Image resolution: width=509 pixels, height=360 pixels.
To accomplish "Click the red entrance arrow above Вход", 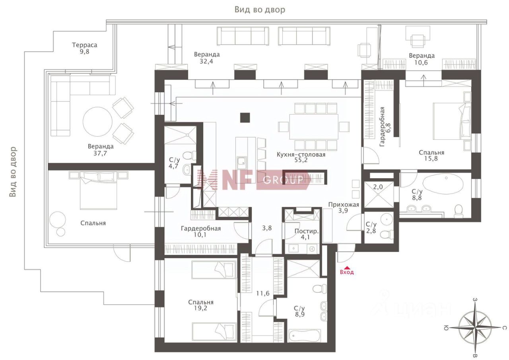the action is click(x=347, y=268).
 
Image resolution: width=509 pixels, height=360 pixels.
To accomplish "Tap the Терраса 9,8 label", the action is click(x=85, y=48).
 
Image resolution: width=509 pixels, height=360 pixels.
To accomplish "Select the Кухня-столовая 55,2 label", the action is click(x=301, y=157).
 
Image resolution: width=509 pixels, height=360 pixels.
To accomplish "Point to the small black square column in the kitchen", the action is click(x=245, y=118).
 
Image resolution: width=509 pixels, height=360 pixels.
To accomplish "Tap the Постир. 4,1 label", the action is click(x=307, y=234).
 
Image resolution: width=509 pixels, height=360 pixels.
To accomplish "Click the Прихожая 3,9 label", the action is click(x=344, y=208).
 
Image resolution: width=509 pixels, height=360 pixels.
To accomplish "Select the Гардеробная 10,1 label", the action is click(x=201, y=232).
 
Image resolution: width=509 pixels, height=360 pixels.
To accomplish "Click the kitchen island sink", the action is click(x=241, y=163).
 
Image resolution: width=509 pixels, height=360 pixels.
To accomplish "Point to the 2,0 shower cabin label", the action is click(x=378, y=187).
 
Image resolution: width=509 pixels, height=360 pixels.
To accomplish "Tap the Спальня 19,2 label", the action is click(x=201, y=305).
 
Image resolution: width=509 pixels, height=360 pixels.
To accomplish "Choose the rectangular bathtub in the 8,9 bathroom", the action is click(x=305, y=335).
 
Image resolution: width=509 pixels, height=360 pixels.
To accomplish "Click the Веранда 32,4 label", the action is click(x=206, y=58).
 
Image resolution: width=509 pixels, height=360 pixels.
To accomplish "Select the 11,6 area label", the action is click(x=263, y=294).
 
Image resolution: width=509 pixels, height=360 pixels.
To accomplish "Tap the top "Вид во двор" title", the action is click(x=260, y=10).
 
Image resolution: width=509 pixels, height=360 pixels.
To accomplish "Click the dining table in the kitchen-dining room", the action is click(x=314, y=126).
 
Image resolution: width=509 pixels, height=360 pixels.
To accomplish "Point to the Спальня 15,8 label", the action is click(x=431, y=156).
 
